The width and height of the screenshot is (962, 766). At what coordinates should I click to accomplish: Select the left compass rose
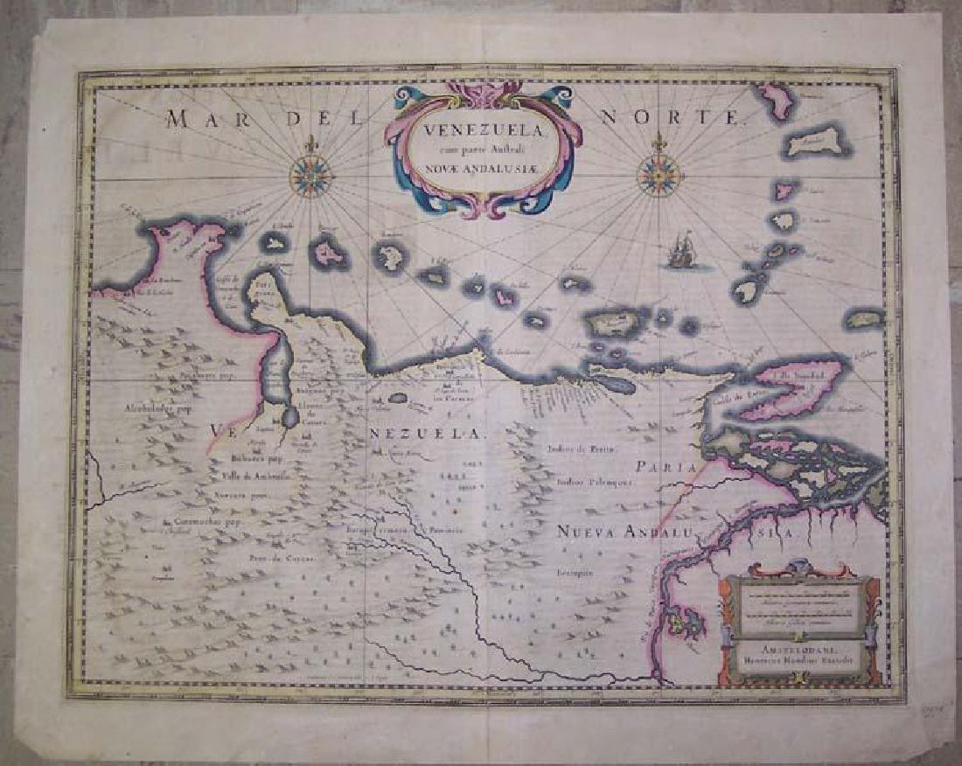[310, 175]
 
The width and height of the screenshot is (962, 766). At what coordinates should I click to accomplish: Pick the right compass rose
[659, 174]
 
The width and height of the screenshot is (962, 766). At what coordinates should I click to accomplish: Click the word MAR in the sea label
[201, 120]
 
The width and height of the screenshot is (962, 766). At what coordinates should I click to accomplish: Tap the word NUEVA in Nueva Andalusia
[589, 531]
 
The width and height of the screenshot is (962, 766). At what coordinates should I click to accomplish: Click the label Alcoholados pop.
[157, 407]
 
